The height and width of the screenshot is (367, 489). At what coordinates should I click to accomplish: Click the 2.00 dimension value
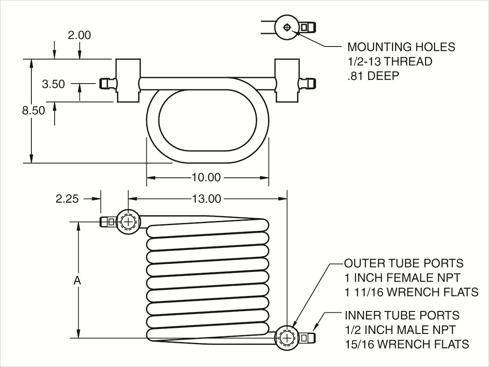tap(79, 35)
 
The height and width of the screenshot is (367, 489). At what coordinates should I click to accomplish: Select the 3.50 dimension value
tap(53, 84)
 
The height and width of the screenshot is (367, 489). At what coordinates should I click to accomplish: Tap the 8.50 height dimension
tap(33, 111)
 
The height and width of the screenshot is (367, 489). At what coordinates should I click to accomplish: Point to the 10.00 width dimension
tap(206, 177)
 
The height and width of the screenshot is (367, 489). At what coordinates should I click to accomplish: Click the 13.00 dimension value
tap(207, 199)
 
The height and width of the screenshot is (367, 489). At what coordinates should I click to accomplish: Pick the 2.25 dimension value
tap(67, 199)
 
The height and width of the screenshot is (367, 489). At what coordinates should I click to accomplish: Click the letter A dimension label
tap(77, 281)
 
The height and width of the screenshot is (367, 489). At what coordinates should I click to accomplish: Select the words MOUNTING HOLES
tap(401, 47)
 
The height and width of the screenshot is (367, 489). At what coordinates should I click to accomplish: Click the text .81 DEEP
tap(373, 76)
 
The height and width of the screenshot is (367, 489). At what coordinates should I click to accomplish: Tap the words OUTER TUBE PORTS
tap(404, 263)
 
